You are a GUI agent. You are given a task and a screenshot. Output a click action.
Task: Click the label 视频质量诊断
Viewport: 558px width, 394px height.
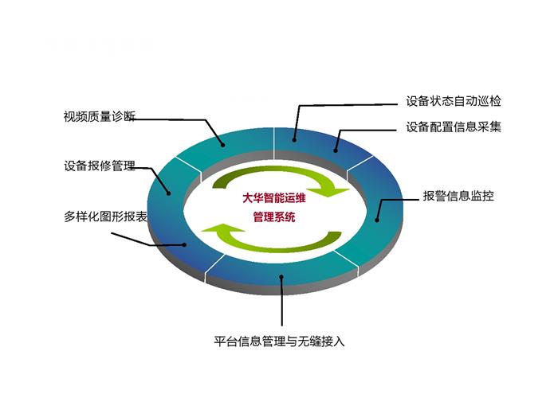[100, 116]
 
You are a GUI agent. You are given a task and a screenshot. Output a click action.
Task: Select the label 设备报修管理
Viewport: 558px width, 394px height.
[100, 166]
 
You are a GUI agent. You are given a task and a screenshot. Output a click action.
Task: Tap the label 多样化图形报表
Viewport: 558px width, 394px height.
[105, 217]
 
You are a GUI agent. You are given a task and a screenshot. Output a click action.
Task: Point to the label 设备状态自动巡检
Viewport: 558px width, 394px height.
[454, 101]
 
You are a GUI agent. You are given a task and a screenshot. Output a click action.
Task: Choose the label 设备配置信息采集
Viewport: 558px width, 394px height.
[454, 127]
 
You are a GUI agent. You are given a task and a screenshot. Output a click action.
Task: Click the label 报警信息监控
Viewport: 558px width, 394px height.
[458, 196]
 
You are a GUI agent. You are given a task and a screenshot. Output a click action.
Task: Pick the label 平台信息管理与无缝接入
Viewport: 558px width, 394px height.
[279, 341]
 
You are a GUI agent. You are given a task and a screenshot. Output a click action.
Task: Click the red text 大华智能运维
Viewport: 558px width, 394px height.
[274, 198]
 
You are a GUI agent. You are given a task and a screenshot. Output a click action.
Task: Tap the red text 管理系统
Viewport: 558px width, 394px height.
[274, 217]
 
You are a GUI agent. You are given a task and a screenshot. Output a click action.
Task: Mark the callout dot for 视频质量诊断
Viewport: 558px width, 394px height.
[223, 145]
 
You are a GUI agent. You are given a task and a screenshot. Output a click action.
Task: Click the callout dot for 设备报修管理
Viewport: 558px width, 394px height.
[169, 193]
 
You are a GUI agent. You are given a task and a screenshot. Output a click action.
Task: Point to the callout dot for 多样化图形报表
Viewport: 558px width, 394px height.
[184, 244]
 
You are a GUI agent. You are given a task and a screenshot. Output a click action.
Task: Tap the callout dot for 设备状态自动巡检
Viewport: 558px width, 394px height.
[294, 140]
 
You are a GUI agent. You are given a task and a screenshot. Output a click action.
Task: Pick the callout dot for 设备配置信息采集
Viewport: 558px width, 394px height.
[336, 150]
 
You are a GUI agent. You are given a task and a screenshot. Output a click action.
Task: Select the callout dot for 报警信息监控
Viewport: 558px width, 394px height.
[377, 220]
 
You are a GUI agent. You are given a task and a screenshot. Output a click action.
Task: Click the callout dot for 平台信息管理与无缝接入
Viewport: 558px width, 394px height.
[281, 277]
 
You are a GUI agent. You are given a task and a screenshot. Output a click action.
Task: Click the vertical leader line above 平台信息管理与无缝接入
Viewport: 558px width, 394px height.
[282, 302]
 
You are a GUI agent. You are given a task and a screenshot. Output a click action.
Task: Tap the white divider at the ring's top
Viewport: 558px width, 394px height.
[274, 143]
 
